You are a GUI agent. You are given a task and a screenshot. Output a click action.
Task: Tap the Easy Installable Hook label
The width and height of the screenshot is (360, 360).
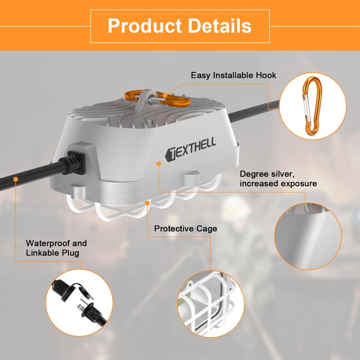pos(234,75)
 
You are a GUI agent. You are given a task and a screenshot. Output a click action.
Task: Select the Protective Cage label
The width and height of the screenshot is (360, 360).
pos(185,229)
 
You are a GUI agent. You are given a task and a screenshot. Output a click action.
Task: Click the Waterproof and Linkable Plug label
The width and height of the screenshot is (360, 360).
pos(56,248)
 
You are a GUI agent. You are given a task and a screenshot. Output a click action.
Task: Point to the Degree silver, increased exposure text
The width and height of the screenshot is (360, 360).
pos(278,179)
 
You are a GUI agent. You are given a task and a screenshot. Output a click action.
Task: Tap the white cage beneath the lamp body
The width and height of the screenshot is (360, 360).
pos(144,208)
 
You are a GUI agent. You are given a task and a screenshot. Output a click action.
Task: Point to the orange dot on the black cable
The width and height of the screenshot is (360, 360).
pos(16,179)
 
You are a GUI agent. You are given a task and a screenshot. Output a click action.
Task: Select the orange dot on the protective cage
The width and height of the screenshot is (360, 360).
pos(148,203)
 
